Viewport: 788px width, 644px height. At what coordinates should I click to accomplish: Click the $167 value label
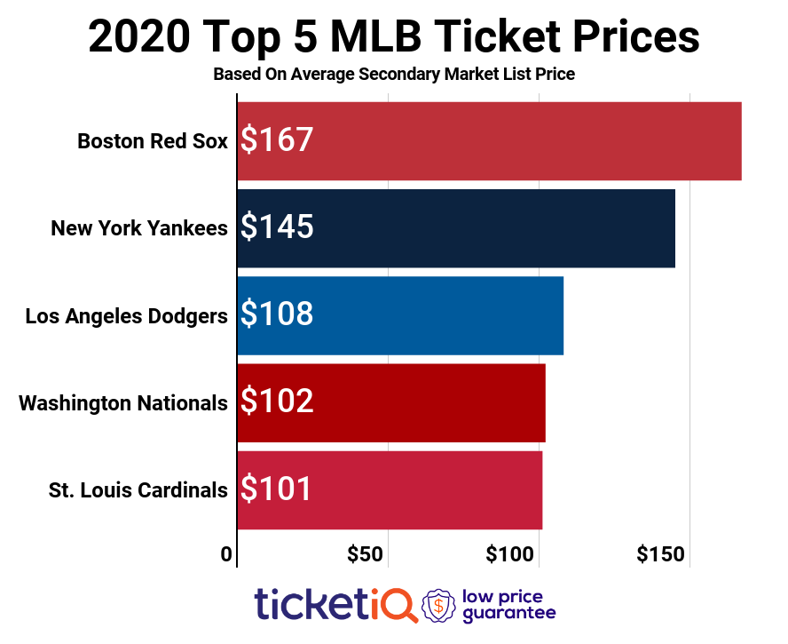click(x=277, y=140)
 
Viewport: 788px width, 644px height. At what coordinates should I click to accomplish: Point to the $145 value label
click(x=277, y=227)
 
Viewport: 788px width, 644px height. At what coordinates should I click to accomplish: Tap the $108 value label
click(x=277, y=314)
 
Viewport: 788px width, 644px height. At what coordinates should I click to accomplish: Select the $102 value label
click(x=277, y=402)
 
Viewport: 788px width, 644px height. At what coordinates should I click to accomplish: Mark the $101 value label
click(x=277, y=489)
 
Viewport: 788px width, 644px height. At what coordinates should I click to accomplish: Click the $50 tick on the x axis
click(x=365, y=555)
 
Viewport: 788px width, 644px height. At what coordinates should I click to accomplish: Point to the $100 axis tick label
click(x=512, y=555)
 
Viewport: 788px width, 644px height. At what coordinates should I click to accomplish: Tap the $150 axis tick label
click(x=661, y=555)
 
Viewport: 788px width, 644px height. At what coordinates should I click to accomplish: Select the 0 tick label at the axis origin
click(x=226, y=555)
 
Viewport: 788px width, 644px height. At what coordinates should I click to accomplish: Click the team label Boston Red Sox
click(x=152, y=141)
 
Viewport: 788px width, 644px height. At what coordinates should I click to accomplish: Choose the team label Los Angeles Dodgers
click(x=126, y=316)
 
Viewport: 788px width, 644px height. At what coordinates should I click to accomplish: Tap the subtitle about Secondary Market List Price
click(x=394, y=75)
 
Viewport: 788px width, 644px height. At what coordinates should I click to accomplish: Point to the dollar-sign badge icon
click(x=438, y=605)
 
